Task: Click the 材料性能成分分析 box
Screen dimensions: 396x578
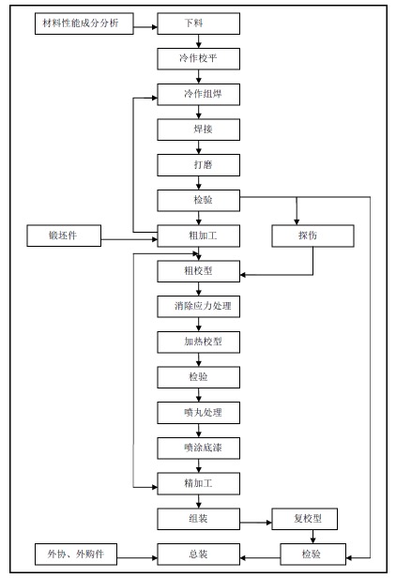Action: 84,23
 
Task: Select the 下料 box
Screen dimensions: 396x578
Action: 198,23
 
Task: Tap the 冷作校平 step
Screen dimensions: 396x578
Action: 198,58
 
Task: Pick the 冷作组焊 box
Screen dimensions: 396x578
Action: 198,95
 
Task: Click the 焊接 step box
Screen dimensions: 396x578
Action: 198,129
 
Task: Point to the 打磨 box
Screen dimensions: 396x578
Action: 198,165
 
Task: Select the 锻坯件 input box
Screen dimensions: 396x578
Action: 64,236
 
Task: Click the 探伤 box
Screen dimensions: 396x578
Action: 313,236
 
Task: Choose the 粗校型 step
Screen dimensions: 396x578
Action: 198,271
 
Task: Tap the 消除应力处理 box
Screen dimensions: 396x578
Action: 198,306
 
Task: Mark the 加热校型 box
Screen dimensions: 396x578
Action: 198,342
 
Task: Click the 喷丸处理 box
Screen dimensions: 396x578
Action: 198,413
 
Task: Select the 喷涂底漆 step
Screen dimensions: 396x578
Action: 198,449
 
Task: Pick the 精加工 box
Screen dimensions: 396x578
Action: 198,483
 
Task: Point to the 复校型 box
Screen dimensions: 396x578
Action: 304,519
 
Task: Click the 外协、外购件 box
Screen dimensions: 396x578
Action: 76,554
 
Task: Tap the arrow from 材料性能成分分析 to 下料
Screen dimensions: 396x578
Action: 145,27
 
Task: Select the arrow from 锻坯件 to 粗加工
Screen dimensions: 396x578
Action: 129,239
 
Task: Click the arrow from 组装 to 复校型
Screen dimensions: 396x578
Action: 256,523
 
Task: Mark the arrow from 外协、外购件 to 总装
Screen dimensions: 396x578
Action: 137,557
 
